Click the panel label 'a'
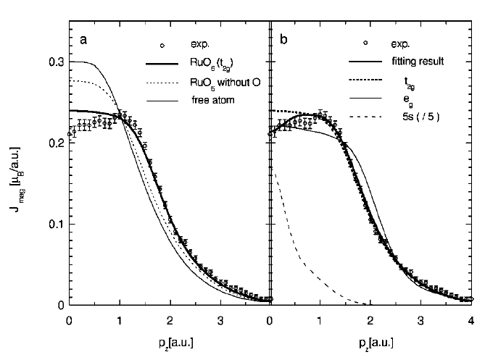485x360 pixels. tap(84, 40)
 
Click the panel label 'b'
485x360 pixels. tap(285, 40)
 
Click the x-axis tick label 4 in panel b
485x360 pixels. tap(471, 319)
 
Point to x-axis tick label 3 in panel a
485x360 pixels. tap(220, 319)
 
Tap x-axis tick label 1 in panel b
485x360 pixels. tap(320, 319)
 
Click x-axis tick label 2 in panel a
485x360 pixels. tap(170, 319)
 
